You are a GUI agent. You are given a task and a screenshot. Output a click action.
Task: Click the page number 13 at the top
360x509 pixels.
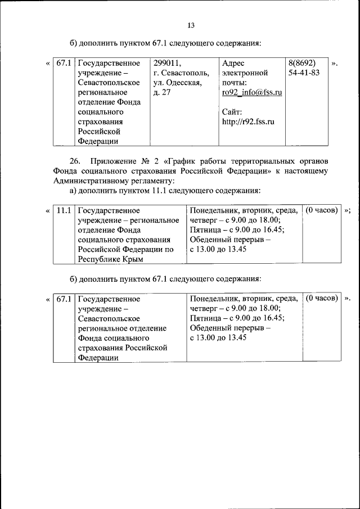[x=190, y=26]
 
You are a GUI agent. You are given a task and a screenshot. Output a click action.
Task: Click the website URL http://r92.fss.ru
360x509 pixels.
[x=248, y=121]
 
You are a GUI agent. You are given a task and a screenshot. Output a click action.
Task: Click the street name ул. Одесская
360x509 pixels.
[x=177, y=83]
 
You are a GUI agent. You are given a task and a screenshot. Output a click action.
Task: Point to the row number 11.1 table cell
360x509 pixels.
[x=64, y=210]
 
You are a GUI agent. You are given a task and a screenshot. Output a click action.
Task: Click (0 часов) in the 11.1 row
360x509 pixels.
[x=322, y=210]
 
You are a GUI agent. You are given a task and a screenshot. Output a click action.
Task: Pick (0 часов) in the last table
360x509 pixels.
[x=322, y=298]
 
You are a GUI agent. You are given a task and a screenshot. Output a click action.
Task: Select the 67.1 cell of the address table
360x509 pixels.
[x=63, y=63]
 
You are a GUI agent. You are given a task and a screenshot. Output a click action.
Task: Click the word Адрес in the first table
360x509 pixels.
[x=233, y=63]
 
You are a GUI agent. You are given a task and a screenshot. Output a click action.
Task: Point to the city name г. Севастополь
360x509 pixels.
[x=181, y=73]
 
